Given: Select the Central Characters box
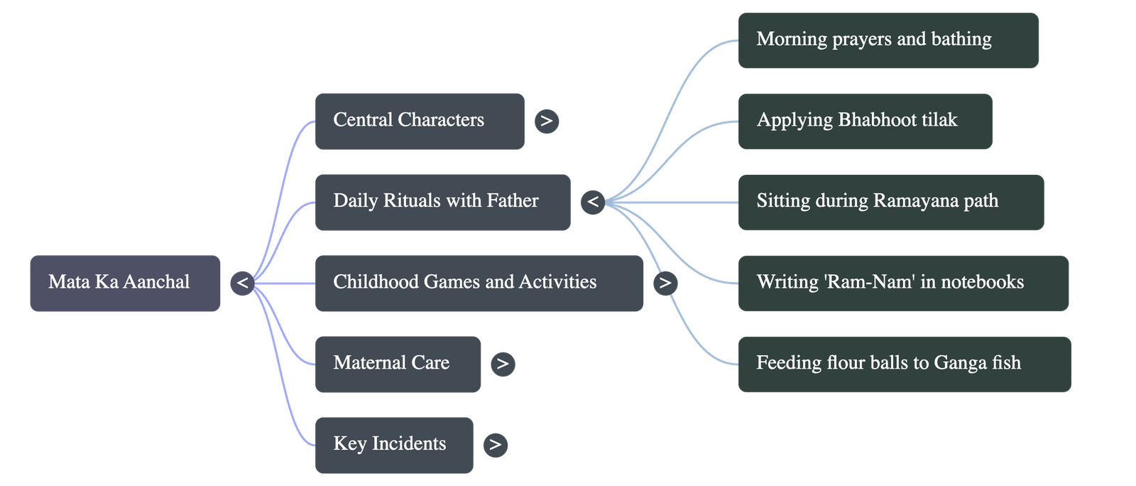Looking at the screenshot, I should click(420, 121).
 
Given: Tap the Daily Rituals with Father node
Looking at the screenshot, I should click(442, 202).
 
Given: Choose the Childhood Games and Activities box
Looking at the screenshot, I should click(479, 283).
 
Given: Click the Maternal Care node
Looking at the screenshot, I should click(398, 364).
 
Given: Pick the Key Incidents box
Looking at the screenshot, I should click(393, 445).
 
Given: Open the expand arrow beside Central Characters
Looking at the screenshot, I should click(546, 121).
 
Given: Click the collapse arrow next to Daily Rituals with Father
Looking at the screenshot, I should click(592, 202).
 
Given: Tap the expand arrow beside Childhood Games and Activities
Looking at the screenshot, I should click(665, 283).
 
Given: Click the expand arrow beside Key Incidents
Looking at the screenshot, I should click(495, 445).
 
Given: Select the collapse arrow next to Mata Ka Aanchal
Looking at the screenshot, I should click(242, 283).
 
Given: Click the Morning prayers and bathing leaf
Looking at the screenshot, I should click(888, 40).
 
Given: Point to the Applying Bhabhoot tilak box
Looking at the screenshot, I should click(865, 121).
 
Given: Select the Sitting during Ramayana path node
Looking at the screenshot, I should click(890, 202).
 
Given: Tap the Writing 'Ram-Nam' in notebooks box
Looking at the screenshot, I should click(903, 283).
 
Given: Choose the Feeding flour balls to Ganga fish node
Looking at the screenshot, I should click(904, 364).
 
